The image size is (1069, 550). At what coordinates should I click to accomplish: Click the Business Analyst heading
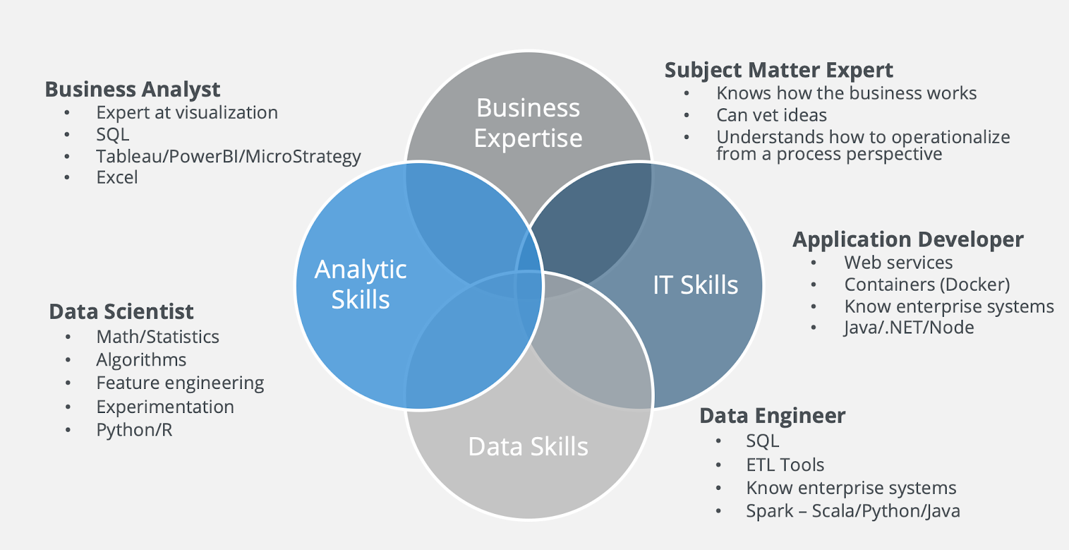click(x=132, y=90)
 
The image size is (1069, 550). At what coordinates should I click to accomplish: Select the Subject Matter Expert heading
click(x=778, y=70)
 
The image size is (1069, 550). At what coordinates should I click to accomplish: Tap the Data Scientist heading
click(x=121, y=311)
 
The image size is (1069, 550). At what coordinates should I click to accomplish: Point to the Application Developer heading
click(x=907, y=239)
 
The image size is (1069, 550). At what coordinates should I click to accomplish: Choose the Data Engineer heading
click(x=772, y=416)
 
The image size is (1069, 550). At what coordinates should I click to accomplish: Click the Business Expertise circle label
click(x=528, y=123)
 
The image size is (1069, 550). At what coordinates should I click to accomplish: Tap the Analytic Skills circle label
click(x=361, y=284)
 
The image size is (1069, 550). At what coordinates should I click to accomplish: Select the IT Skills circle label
click(x=695, y=285)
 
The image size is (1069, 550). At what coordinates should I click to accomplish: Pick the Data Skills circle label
click(x=528, y=446)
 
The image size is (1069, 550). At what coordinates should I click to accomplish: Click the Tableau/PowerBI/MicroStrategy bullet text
click(x=228, y=156)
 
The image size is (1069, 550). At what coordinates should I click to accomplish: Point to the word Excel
click(x=117, y=178)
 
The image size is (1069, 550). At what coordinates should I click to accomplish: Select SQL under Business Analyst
click(x=112, y=134)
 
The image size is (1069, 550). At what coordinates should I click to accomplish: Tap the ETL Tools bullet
click(x=785, y=465)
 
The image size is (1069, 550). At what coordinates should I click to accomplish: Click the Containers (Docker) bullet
click(x=927, y=285)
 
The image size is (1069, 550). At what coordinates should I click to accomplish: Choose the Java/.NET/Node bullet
click(x=909, y=327)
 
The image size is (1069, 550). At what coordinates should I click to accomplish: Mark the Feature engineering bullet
click(x=180, y=383)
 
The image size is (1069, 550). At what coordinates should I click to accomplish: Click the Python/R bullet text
click(x=134, y=430)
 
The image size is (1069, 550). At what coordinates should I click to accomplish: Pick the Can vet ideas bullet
click(x=771, y=116)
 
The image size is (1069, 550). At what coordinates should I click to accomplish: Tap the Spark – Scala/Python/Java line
click(x=853, y=511)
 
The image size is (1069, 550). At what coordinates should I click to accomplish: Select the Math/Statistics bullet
click(x=158, y=337)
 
